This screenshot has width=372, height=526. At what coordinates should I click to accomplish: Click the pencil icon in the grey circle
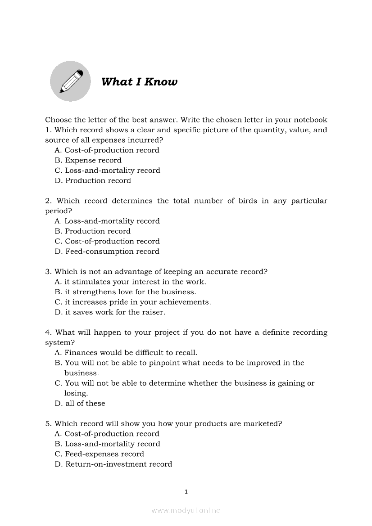tap(71, 81)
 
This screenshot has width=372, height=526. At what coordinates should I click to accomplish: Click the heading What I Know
tap(139, 82)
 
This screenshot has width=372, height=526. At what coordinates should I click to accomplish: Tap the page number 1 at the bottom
tap(186, 492)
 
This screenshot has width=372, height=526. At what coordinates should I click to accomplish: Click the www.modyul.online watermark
tap(186, 510)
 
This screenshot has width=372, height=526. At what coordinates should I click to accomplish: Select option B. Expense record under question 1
tap(88, 160)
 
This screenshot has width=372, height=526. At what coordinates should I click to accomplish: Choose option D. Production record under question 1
tap(93, 180)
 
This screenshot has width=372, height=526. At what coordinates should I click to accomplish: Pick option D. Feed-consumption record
tap(107, 252)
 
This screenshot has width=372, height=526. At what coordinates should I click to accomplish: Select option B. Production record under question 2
tap(93, 231)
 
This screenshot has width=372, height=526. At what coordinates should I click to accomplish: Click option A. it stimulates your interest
tap(130, 282)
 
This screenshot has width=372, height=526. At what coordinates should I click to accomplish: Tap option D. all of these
tap(80, 404)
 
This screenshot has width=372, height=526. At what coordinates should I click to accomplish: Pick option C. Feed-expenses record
tap(100, 454)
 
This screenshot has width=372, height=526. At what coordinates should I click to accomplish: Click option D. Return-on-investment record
tap(113, 464)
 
